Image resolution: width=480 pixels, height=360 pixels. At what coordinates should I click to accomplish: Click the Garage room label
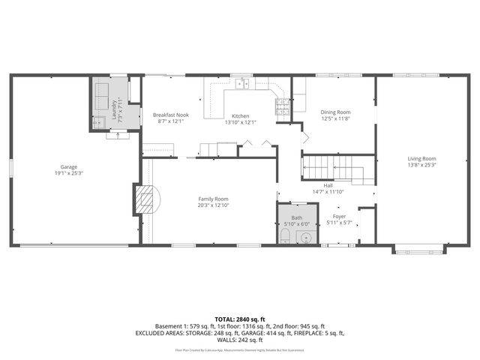click(69, 166)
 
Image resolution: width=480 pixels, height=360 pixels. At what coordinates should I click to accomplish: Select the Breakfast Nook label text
click(171, 115)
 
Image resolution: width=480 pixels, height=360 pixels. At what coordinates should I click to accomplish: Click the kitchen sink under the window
click(241, 84)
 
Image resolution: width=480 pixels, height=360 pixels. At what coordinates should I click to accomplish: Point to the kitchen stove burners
click(282, 108)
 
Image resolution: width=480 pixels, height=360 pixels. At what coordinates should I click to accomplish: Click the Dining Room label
click(335, 112)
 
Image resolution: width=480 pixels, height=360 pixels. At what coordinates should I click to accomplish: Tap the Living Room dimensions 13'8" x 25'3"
click(421, 165)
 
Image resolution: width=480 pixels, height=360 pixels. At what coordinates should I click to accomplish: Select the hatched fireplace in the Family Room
click(143, 199)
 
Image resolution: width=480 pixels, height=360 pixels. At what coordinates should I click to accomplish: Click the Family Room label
click(212, 199)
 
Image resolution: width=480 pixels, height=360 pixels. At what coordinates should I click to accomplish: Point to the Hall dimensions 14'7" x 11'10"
click(328, 192)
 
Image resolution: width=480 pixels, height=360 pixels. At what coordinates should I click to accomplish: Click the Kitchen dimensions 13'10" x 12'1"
click(240, 122)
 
